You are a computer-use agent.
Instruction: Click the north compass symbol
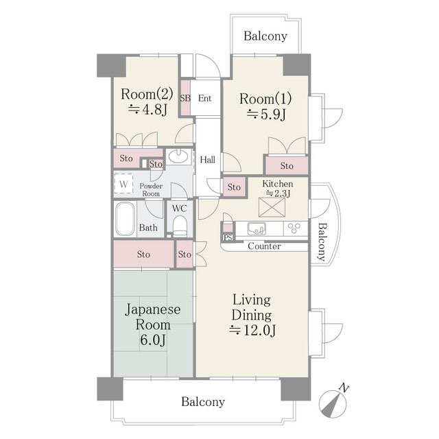pyautogui.click(x=333, y=403)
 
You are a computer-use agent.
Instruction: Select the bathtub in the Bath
pyautogui.click(x=125, y=219)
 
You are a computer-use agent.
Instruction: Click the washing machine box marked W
pyautogui.click(x=123, y=184)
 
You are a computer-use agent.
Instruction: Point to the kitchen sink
pyautogui.click(x=257, y=228)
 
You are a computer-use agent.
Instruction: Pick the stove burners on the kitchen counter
pyautogui.click(x=295, y=228)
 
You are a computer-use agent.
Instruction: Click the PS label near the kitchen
pyautogui.click(x=228, y=238)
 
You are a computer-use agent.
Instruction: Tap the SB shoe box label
pyautogui.click(x=185, y=98)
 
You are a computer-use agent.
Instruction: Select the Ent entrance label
pyautogui.click(x=204, y=98)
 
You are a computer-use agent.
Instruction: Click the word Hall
pyautogui.click(x=207, y=160)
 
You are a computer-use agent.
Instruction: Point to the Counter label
pyautogui.click(x=264, y=246)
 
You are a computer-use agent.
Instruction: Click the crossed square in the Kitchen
pyautogui.click(x=272, y=207)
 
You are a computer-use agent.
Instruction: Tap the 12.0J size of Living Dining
pyautogui.click(x=252, y=331)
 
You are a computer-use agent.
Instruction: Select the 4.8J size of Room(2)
pyautogui.click(x=147, y=110)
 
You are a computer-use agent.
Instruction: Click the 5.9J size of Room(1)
pyautogui.click(x=266, y=114)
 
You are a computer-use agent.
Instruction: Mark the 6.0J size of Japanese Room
pyautogui.click(x=152, y=340)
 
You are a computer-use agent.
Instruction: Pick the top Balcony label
pyautogui.click(x=265, y=36)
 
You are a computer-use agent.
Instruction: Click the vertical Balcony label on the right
pyautogui.click(x=322, y=242)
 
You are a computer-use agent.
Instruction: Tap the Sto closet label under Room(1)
pyautogui.click(x=287, y=166)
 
